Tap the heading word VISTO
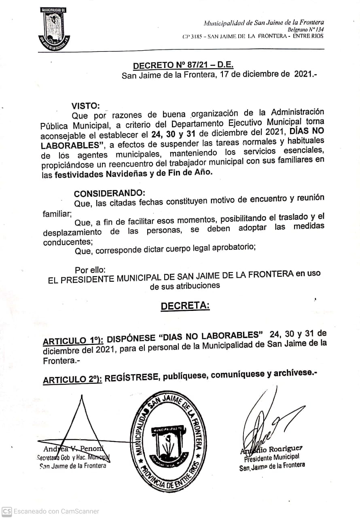coord(85,106)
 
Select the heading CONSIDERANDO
coord(109,193)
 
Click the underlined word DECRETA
coord(185,306)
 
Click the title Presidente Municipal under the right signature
coord(271,457)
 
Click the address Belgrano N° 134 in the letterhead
coord(305,30)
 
